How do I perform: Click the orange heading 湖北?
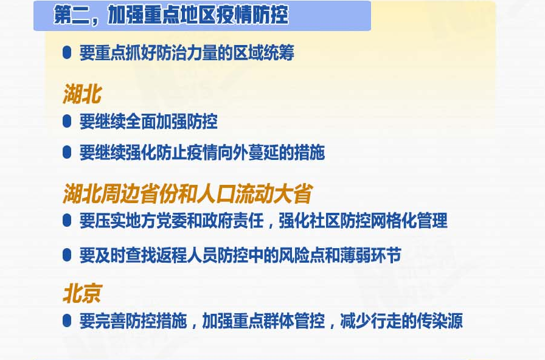(x=82, y=94)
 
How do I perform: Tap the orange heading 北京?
(x=82, y=294)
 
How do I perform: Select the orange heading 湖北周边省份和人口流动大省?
(x=187, y=193)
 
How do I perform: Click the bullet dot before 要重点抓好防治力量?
(x=67, y=53)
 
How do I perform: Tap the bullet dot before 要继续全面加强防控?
(x=67, y=122)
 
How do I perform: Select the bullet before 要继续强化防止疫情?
(x=67, y=153)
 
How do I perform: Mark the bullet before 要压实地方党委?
(x=67, y=221)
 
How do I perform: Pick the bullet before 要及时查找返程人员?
(x=67, y=255)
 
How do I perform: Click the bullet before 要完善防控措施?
(x=67, y=320)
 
